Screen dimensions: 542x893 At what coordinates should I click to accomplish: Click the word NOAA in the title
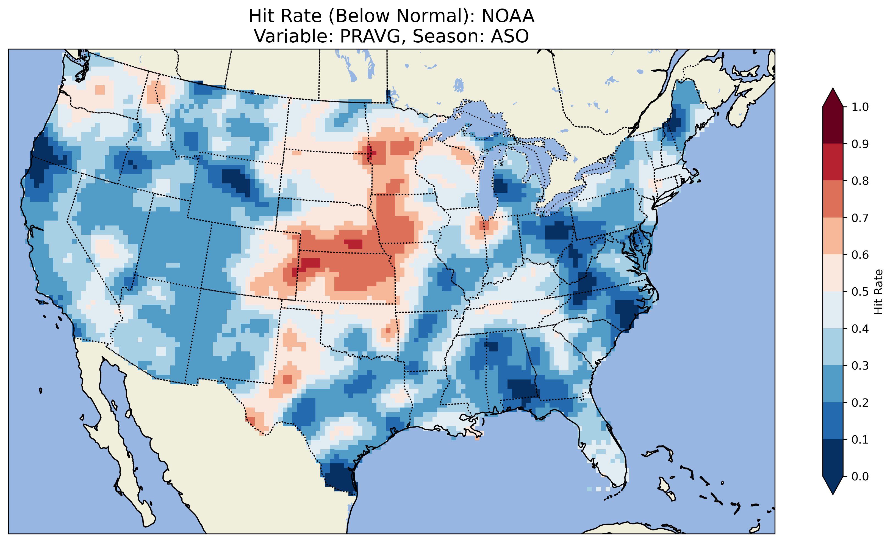point(508,16)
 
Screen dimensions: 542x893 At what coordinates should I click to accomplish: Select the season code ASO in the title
point(510,36)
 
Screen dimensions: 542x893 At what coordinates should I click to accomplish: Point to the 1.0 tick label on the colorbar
point(860,107)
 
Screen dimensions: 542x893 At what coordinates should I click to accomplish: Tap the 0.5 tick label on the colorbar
point(860,292)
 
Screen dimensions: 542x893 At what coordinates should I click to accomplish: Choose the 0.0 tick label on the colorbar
point(860,476)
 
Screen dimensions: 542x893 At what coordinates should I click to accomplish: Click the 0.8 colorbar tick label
point(860,181)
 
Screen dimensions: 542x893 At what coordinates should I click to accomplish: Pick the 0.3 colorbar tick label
point(860,366)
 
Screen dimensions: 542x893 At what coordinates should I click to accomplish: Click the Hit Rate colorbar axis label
point(878,292)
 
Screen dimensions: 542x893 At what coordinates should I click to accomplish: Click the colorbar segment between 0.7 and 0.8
point(833,199)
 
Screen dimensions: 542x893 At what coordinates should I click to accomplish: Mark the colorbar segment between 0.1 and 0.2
point(833,421)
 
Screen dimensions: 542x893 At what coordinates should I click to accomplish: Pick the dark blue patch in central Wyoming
point(235,180)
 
